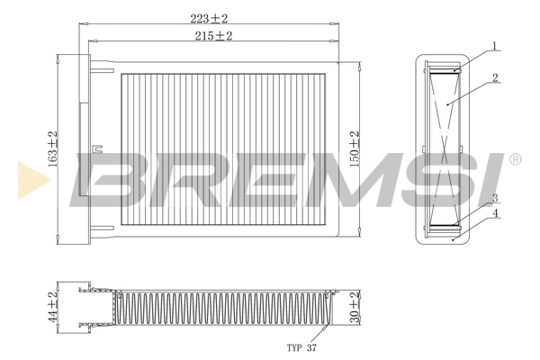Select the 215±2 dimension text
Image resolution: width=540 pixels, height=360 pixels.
[213, 36]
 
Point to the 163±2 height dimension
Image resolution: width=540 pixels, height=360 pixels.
[53, 148]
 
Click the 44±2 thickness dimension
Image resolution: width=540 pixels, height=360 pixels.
[53, 306]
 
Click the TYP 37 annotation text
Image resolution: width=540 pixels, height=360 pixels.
[301, 346]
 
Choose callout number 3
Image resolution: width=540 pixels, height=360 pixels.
[494, 198]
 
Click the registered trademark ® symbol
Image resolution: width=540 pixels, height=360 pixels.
[514, 159]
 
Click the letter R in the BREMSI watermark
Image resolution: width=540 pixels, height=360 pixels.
[180, 177]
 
